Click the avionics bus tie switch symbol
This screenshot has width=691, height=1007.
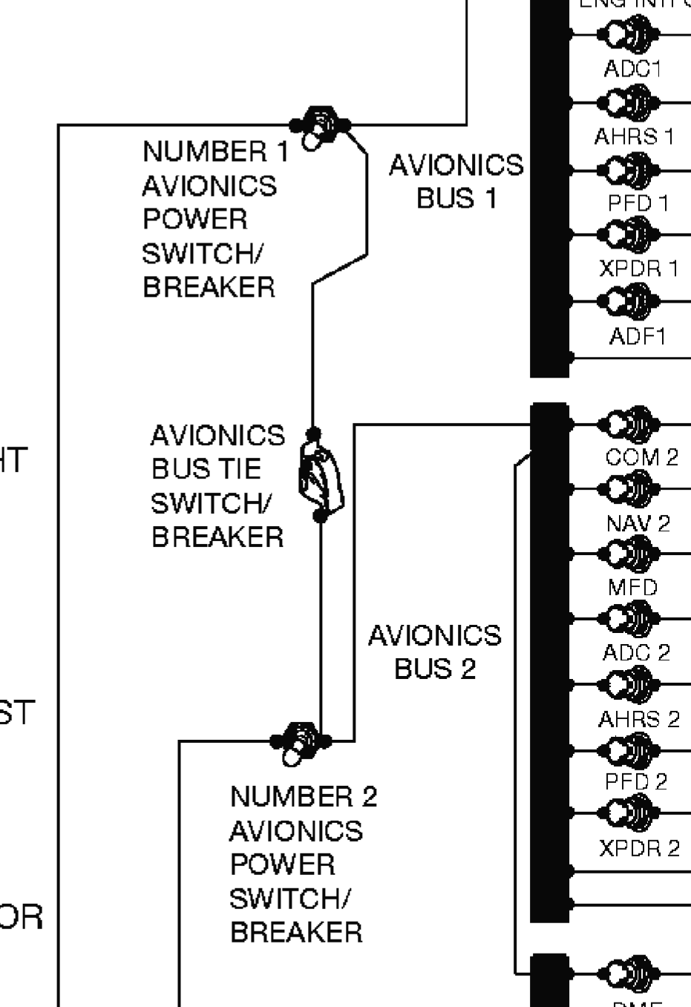[320, 476]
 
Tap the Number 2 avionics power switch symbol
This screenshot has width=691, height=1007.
[301, 741]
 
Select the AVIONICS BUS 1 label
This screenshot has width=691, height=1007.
[456, 182]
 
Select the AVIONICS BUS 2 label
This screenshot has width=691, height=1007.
[435, 652]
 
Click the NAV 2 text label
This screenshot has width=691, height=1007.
[638, 523]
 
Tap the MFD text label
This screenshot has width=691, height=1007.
[633, 588]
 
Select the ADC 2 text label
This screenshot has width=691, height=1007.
[637, 653]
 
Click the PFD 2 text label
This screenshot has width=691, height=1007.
[636, 781]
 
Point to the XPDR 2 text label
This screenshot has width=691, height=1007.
[639, 847]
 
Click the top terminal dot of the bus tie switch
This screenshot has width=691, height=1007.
[313, 433]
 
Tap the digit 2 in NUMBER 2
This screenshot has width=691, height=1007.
[369, 797]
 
